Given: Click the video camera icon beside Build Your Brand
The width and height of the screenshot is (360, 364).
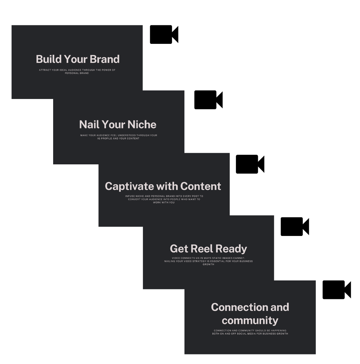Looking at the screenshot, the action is click(x=164, y=34).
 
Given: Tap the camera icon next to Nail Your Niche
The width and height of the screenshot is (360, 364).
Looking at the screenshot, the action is click(x=208, y=100).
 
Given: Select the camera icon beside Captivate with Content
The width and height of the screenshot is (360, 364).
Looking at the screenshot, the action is click(x=250, y=164).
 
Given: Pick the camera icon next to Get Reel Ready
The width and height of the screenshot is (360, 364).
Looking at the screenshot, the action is click(x=295, y=227).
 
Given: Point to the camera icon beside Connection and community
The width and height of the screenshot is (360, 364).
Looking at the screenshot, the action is click(x=337, y=290).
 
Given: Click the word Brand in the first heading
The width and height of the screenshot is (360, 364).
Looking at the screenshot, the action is click(x=105, y=59).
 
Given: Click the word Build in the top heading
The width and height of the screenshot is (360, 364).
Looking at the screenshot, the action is click(x=49, y=59).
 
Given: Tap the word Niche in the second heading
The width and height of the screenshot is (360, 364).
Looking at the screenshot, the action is click(x=142, y=125).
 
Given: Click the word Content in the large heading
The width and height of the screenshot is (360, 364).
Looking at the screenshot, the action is click(x=201, y=186).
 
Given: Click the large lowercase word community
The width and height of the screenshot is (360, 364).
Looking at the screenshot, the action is click(x=250, y=321).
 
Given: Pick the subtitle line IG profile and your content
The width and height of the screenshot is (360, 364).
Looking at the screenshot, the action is click(x=118, y=139).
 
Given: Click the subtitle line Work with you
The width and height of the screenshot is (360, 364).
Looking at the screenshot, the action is click(x=164, y=202).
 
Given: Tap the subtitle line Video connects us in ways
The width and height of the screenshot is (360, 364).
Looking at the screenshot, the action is click(x=208, y=258).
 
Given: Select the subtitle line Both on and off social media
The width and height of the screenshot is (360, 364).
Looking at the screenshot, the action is click(x=250, y=334).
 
